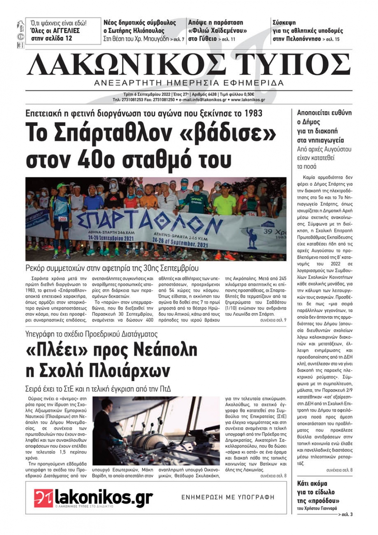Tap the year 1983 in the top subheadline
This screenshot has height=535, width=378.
253,113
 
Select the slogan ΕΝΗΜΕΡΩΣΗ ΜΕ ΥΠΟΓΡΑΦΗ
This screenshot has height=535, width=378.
228,497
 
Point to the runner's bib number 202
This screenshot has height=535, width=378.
63,219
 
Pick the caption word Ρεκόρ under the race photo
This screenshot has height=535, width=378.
36,268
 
